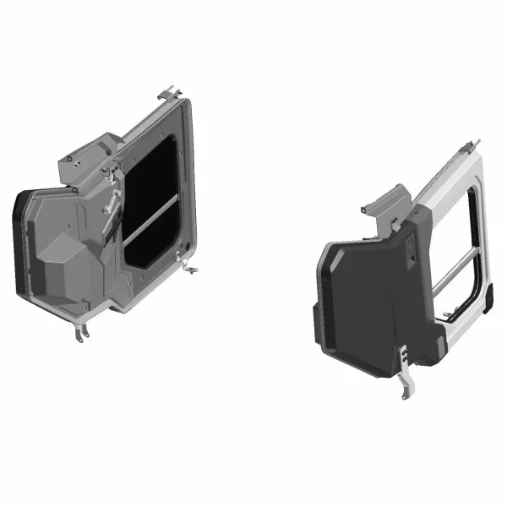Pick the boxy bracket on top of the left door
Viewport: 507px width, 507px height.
pos(81,165)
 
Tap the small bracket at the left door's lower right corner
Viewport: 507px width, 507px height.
pos(194,270)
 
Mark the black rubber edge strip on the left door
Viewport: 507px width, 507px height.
pos(18,241)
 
